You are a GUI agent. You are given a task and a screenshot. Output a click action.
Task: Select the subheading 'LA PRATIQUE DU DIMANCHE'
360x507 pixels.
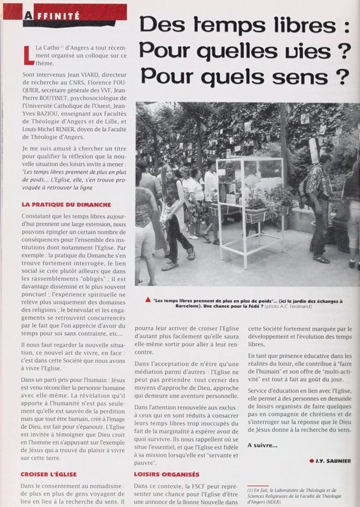pyautogui.click(x=66, y=205)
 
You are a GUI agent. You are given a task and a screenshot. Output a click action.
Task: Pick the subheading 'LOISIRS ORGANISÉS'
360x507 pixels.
pyautogui.click(x=166, y=474)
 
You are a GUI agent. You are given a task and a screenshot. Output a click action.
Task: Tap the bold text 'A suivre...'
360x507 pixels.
pyautogui.click(x=262, y=445)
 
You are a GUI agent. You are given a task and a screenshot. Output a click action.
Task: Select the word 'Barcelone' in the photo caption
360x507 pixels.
pyautogui.click(x=166, y=307)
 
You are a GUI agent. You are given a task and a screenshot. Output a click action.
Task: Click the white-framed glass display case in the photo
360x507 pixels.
pyautogui.click(x=249, y=203)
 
